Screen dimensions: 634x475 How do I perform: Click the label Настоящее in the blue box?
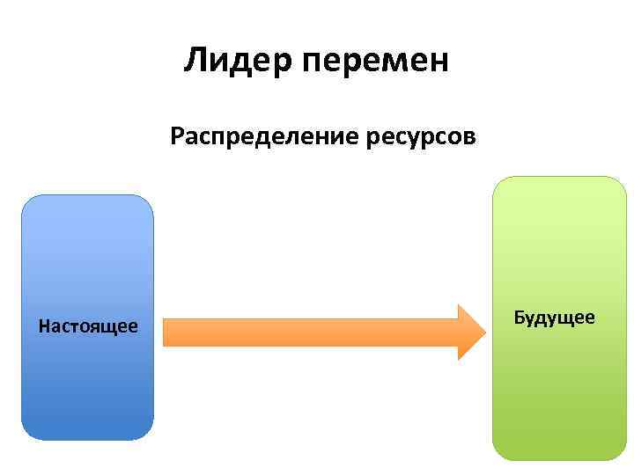pyautogui.click(x=88, y=326)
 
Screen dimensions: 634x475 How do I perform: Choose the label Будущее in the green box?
pyautogui.click(x=555, y=317)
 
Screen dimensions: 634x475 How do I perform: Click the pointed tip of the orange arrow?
pyautogui.click(x=483, y=332)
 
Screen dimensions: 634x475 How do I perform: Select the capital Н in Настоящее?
pyautogui.click(x=44, y=326)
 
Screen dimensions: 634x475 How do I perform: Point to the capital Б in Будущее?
pyautogui.click(x=520, y=317)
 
